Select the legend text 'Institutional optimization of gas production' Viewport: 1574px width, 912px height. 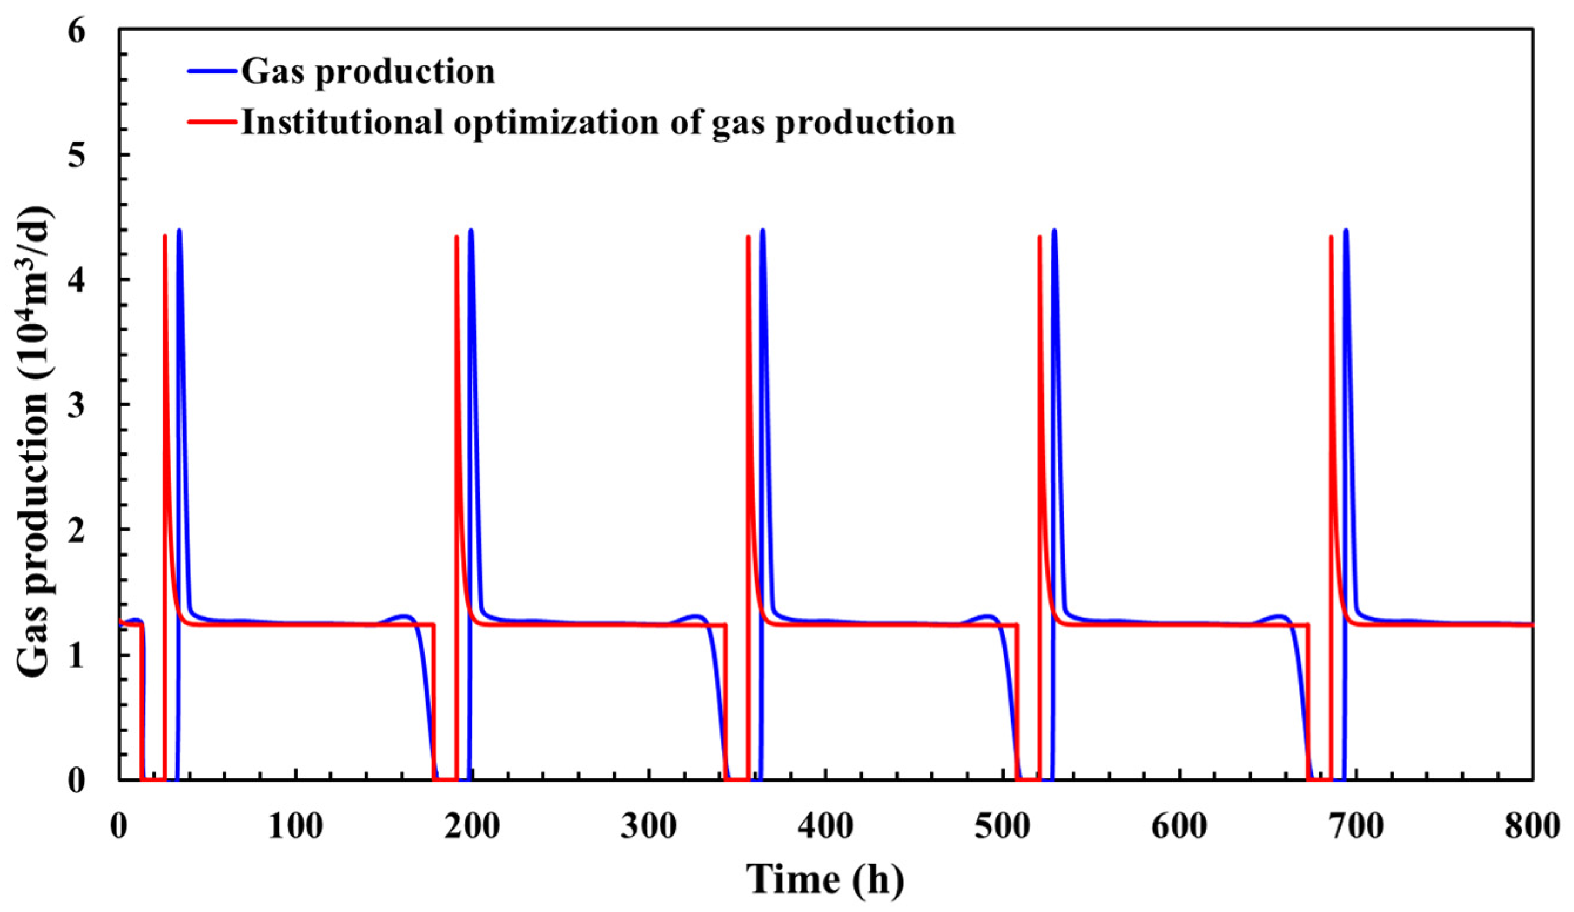pos(598,122)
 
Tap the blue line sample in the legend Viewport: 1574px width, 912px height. pos(213,71)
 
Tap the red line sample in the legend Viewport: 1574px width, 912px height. pos(213,121)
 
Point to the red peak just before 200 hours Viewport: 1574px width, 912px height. pos(456,237)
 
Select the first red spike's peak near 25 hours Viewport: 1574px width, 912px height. pos(165,236)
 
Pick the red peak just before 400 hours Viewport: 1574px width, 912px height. pos(748,237)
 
